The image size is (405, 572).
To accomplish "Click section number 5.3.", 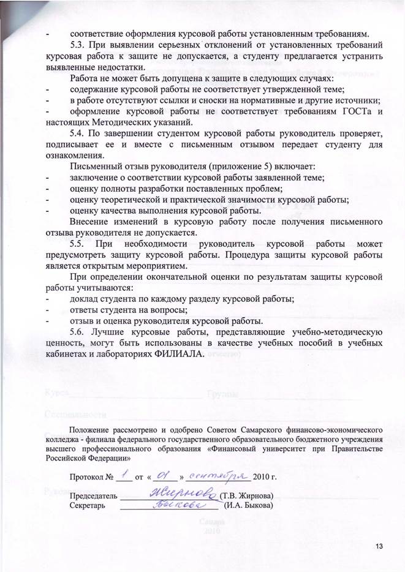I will (80, 45).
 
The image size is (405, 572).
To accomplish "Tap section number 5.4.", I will (80, 134).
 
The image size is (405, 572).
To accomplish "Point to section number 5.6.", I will (80, 333).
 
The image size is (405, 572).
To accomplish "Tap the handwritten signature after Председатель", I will (183, 494).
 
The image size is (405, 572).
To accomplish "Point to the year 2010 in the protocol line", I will (260, 476).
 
